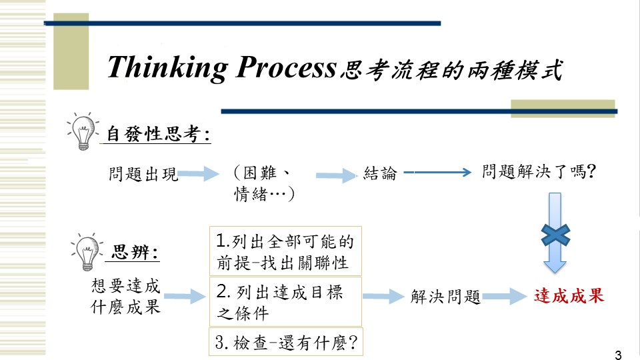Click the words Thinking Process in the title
(221, 68)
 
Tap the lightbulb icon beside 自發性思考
(83, 131)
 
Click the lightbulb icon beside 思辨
(87, 252)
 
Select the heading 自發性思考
(159, 134)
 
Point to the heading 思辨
(135, 252)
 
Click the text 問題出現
(143, 174)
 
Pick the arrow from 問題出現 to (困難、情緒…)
(199, 173)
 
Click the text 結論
(380, 173)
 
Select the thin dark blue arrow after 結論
(437, 173)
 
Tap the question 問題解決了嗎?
(539, 171)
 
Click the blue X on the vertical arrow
(555, 235)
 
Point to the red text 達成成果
(569, 296)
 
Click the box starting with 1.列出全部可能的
(285, 251)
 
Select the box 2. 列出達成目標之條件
(285, 301)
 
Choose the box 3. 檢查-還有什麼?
(286, 341)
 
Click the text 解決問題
(445, 297)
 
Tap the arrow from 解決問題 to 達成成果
(505, 297)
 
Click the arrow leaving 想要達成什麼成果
(185, 296)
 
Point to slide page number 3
(618, 355)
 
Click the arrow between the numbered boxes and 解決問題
(383, 296)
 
